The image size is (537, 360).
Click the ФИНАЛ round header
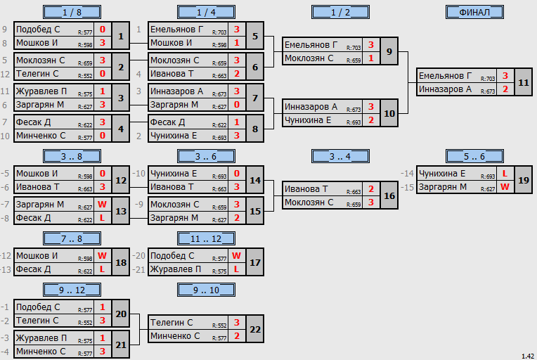tap(474, 13)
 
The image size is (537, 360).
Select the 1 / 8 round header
tap(72, 13)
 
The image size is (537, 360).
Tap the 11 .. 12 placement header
tap(206, 238)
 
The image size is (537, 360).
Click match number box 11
tap(524, 82)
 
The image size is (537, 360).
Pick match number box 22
tap(255, 329)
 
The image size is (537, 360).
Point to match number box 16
tap(389, 195)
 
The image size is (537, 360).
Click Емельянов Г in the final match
tap(445, 76)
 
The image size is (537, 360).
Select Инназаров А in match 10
tap(311, 107)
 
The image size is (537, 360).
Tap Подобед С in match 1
tap(38, 30)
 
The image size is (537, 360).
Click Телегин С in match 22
tap(172, 323)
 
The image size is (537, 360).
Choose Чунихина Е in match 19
tap(442, 174)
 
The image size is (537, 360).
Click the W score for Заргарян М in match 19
tap(505, 187)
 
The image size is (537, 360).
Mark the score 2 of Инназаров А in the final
tap(505, 89)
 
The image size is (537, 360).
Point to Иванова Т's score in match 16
tap(371, 189)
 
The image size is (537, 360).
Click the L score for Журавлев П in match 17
tap(236, 269)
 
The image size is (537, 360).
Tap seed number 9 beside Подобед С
tap(4, 30)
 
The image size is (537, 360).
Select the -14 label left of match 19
tap(407, 174)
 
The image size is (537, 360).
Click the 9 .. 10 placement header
tap(206, 290)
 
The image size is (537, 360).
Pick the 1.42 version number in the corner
tap(528, 356)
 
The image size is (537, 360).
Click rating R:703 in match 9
tap(354, 48)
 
